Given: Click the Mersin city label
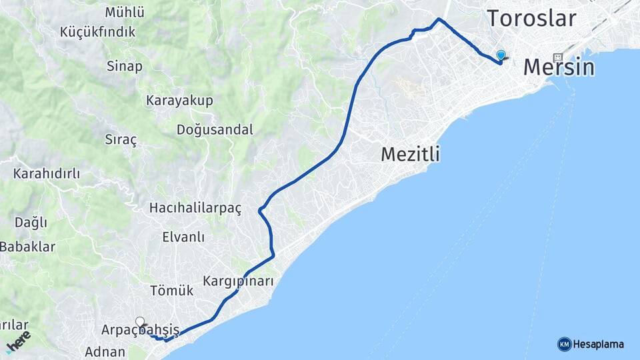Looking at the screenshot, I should [x=559, y=67].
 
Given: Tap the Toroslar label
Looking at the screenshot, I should [x=531, y=19].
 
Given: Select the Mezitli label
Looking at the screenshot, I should [x=410, y=155].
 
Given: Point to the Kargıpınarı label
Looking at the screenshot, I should [x=239, y=281].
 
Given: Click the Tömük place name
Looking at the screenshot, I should [x=171, y=291].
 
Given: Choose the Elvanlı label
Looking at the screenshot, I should [x=183, y=237].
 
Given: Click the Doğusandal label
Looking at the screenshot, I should [x=215, y=130].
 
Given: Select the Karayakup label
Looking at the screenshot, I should [x=179, y=101].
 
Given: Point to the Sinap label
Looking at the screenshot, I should [x=124, y=66].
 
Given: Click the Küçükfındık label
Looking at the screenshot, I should [x=97, y=31].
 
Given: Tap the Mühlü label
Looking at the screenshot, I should [x=125, y=12].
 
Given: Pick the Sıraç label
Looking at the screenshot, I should [x=121, y=140].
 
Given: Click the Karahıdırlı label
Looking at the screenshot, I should [x=47, y=174].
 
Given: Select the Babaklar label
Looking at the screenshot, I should [x=27, y=247].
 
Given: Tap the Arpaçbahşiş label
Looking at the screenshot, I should [x=140, y=330].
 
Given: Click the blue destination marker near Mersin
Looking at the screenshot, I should [x=501, y=56].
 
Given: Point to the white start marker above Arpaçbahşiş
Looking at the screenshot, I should [x=140, y=321].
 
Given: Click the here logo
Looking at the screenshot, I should [x=18, y=342].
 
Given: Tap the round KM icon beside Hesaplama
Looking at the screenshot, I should [x=564, y=344].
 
